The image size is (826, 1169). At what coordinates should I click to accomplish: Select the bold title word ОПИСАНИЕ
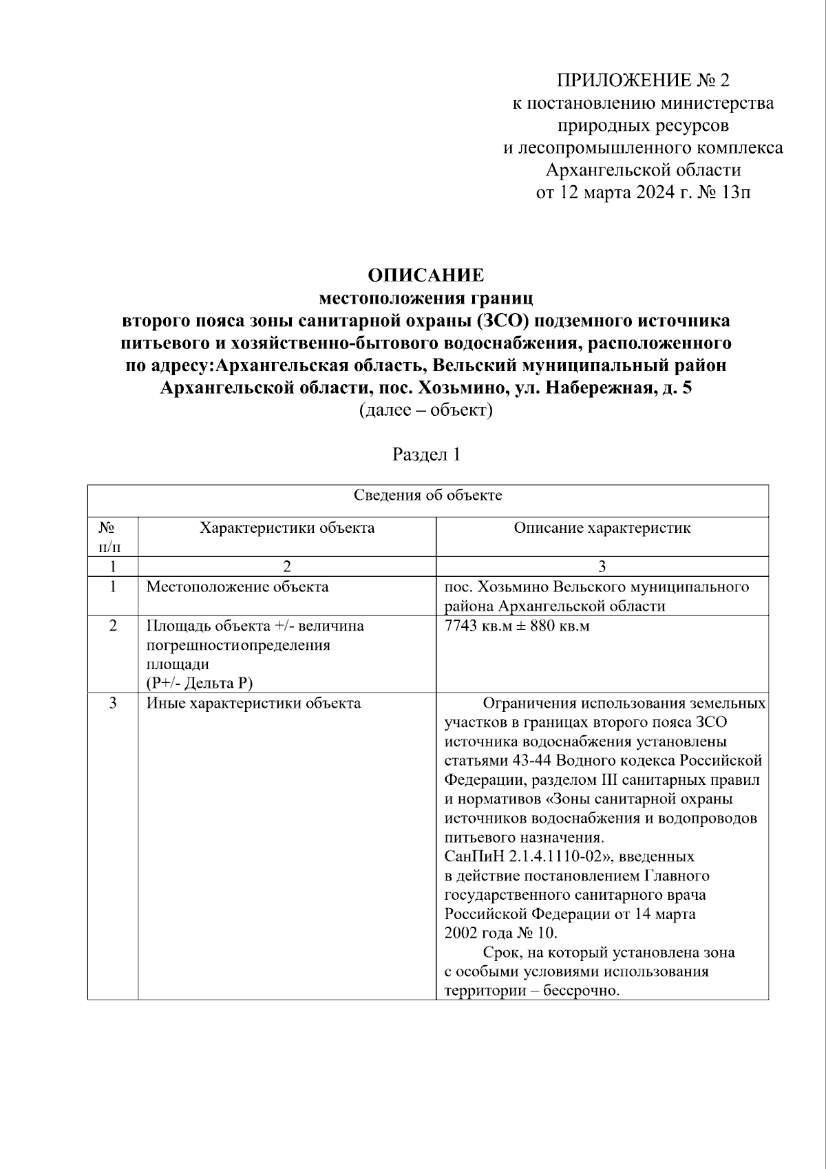click(x=426, y=275)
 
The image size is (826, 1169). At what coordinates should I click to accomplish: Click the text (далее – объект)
click(x=426, y=411)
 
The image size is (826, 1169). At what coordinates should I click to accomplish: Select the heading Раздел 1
click(x=426, y=455)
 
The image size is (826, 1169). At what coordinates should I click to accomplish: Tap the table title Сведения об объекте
click(x=427, y=496)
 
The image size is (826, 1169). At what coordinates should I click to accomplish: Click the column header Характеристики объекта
click(x=287, y=528)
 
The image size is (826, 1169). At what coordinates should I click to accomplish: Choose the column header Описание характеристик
click(x=602, y=528)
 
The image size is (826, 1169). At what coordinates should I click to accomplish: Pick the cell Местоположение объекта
click(x=237, y=587)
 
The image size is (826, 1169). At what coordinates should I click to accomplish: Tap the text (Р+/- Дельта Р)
click(x=200, y=683)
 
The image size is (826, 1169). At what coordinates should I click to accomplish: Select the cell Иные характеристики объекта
click(x=253, y=704)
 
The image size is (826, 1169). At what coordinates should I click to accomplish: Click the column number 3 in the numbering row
click(x=602, y=567)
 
